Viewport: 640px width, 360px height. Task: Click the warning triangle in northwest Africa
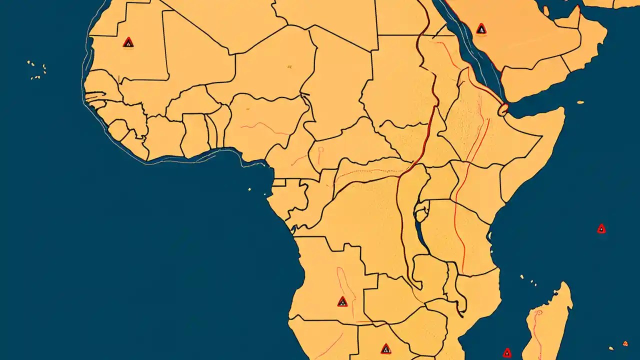128,42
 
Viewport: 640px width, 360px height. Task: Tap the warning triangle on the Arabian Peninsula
481,29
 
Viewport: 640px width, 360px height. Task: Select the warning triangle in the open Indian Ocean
601,229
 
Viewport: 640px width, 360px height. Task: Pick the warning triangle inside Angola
342,301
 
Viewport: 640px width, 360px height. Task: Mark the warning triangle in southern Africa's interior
385,349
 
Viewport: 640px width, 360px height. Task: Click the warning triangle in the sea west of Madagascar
507,353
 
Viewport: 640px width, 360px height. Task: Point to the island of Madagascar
547,325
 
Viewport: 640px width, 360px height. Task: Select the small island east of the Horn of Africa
580,102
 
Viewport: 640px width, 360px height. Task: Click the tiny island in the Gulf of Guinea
249,189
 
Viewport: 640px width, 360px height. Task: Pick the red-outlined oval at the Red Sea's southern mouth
503,107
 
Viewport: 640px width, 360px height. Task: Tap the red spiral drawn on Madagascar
538,315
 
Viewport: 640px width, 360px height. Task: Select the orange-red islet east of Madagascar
624,343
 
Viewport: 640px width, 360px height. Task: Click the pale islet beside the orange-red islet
611,348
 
